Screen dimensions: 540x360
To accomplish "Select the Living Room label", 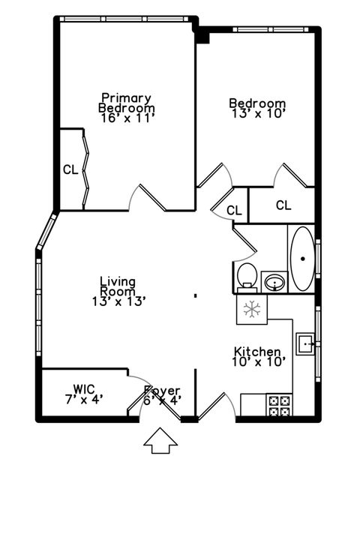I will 118,286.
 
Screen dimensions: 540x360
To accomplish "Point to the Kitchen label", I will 257,352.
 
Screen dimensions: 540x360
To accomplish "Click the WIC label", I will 84,388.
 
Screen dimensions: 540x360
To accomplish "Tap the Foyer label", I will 162,390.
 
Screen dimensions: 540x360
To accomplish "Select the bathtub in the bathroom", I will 302,258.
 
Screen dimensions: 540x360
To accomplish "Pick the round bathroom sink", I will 274,282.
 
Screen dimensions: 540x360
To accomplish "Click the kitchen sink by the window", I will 306,344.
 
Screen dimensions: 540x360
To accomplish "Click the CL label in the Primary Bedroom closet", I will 70,169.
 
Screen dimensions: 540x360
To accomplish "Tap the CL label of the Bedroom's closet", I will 283,205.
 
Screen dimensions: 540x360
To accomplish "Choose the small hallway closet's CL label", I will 234,211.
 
